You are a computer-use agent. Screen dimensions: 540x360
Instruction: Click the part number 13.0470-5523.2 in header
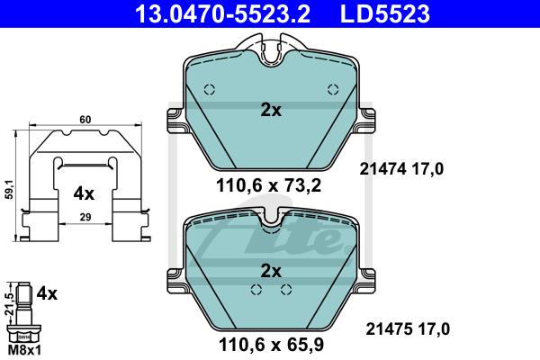click(x=223, y=13)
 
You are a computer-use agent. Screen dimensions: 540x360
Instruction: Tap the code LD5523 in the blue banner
click(x=385, y=13)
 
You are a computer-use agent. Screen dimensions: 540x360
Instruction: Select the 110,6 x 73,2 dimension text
click(x=268, y=185)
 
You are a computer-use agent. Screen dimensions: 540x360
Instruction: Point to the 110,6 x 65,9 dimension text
click(x=272, y=344)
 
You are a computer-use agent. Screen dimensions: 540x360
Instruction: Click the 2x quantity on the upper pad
click(x=271, y=110)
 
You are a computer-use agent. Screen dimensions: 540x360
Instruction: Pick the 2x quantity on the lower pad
click(x=271, y=271)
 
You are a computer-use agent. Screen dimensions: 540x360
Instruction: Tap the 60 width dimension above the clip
click(x=85, y=120)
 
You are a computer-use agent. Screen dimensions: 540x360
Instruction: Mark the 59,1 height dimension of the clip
click(x=9, y=189)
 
